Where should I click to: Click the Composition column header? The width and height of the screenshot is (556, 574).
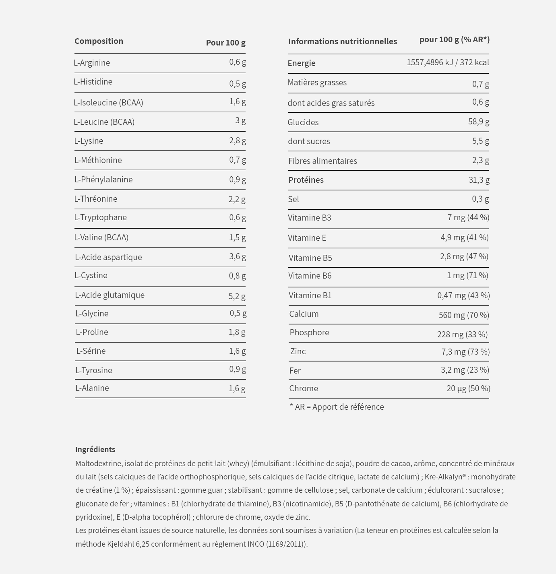click(99, 41)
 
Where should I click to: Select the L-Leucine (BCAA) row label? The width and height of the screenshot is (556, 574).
click(104, 122)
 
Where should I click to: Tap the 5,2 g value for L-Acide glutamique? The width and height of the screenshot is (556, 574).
click(237, 296)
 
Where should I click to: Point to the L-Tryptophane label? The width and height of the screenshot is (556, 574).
click(100, 217)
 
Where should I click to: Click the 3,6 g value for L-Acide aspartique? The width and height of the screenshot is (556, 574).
click(238, 256)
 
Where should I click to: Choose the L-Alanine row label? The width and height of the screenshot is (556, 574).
click(92, 388)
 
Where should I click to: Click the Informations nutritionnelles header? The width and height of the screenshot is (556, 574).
click(343, 41)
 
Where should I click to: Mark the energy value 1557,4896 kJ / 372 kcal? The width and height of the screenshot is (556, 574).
click(448, 62)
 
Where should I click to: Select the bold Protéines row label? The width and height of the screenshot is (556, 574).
click(306, 180)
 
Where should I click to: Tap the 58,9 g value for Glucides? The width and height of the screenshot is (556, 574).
click(479, 122)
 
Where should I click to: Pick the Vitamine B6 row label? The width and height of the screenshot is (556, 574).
click(310, 276)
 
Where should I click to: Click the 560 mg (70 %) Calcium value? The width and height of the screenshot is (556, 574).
click(464, 315)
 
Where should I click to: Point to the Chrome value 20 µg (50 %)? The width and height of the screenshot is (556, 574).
click(468, 388)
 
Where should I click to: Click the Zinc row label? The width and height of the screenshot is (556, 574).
click(298, 351)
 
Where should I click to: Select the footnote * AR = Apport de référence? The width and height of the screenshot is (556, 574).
click(337, 407)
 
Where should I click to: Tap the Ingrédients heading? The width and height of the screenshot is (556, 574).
click(95, 450)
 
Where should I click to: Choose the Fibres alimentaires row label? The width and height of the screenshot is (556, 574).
click(322, 161)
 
